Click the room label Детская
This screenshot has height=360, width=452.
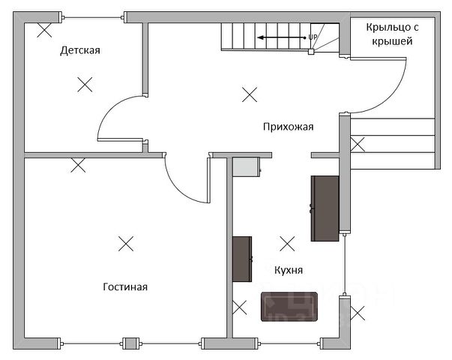pos(79,51)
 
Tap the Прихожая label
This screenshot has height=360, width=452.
pos(288,127)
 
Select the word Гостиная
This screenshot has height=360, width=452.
pos(124,286)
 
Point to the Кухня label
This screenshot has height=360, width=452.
pos(289,268)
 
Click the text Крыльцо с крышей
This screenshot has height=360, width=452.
pos(389,34)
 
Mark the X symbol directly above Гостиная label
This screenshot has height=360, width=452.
pos(126,243)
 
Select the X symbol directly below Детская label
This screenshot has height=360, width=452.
pos(85,84)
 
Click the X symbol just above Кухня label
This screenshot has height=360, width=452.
pos(287,243)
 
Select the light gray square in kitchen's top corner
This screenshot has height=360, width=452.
pos(245,166)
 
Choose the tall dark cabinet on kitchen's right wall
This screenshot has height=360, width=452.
pos(325,208)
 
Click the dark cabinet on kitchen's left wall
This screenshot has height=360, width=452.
pos(241,259)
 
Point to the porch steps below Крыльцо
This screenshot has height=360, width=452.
pos(393,142)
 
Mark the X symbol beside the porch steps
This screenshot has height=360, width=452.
pos(358,143)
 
